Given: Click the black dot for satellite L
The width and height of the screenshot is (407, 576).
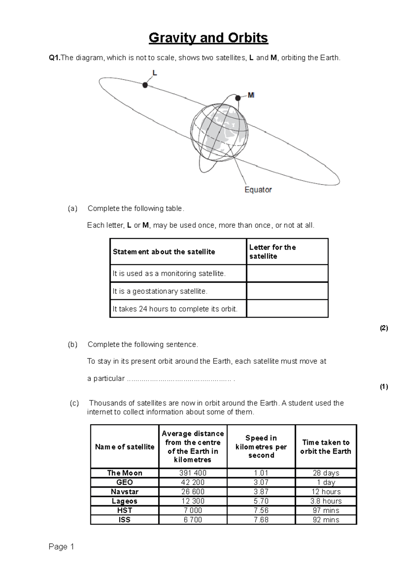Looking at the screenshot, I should tap(145, 85).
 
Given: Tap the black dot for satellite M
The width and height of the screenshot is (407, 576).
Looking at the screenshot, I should tap(238, 98).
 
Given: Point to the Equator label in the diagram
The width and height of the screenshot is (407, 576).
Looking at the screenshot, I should tap(258, 190).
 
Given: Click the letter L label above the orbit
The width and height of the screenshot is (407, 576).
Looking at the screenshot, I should tap(155, 73).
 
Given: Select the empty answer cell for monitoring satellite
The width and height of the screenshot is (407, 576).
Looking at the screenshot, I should tap(287, 273).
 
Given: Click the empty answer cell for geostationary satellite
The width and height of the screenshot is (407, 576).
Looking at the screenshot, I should tap(287, 291).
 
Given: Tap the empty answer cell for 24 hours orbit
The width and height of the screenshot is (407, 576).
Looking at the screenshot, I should tap(287, 309).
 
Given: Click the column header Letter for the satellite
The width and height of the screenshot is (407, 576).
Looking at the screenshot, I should tap(272, 252).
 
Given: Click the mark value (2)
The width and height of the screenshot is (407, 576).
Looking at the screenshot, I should tap(384, 328).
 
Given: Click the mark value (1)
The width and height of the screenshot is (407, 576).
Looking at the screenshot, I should tap(384, 387).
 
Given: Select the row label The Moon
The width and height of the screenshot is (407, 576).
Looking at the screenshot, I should tap(124, 473).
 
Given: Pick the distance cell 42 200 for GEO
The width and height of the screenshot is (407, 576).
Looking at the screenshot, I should tap(193, 482).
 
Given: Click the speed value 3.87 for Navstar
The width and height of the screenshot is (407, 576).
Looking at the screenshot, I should tap(261, 492).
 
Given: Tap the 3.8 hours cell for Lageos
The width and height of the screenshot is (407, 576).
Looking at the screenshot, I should tap(326, 501).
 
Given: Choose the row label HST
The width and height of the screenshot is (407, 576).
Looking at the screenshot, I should tap(124, 510).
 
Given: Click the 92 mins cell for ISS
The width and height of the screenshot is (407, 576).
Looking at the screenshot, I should tap(326, 520).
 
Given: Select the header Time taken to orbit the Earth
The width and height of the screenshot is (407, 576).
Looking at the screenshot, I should tap(326, 447).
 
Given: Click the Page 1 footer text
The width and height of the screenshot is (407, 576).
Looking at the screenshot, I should tap(61, 547).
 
